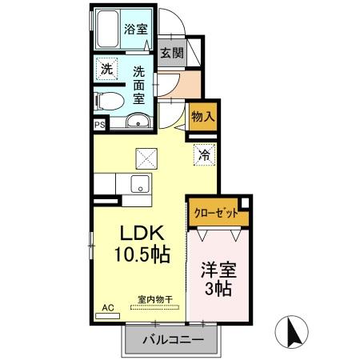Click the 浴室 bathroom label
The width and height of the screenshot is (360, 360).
(x=135, y=29)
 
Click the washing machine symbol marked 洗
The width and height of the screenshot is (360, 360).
(x=106, y=70)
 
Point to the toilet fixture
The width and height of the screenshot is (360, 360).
(x=107, y=102)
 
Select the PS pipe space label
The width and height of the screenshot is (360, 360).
(x=99, y=125)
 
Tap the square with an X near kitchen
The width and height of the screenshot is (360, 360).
(x=146, y=158)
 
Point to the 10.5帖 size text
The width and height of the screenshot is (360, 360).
(x=141, y=258)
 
